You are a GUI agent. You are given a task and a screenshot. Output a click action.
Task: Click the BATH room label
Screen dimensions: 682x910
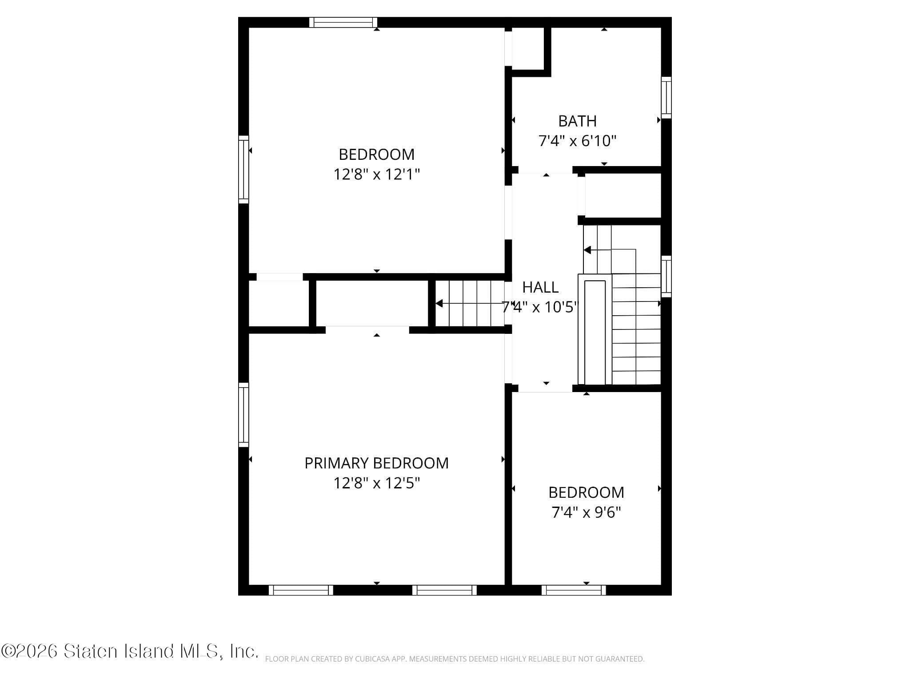pos(577,121)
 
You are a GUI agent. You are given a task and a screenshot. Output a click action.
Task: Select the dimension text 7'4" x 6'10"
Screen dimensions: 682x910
pos(577,141)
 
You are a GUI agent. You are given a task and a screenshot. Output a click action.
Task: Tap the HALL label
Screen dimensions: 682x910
pos(540,287)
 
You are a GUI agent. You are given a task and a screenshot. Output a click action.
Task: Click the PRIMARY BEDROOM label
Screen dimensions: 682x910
pos(376,463)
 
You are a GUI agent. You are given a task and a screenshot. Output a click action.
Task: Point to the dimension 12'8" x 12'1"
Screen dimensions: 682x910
pos(376,174)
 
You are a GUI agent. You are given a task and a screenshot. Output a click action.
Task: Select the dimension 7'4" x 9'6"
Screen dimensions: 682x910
pos(586,512)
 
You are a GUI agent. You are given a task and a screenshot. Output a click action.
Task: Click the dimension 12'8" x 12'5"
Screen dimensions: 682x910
pos(376,483)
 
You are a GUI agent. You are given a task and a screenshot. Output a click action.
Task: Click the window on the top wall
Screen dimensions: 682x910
pos(343,22)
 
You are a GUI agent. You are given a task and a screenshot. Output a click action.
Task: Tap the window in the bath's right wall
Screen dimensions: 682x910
pos(666,97)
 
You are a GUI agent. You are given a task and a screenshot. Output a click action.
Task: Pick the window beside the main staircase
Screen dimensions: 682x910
pos(666,276)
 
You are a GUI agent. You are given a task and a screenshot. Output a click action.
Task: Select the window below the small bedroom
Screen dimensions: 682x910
pos(573,590)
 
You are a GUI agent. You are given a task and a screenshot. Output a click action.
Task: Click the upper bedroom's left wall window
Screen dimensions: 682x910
pos(243,169)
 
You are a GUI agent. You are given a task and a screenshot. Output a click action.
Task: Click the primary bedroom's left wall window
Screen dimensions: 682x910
pos(243,414)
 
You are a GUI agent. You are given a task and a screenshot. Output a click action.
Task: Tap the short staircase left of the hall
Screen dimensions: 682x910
pos(470,304)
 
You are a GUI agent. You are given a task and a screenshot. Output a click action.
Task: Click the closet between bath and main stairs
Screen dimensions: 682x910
pos(622,195)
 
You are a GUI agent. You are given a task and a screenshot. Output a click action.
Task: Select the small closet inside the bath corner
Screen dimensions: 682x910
pos(528,48)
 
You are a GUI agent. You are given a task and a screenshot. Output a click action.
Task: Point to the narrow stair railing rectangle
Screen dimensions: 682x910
pos(595,332)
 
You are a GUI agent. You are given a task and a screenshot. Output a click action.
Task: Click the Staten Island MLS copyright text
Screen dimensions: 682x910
pos(129,651)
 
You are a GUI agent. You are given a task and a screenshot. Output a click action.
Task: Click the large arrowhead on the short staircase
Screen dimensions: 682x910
pos(439,304)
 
